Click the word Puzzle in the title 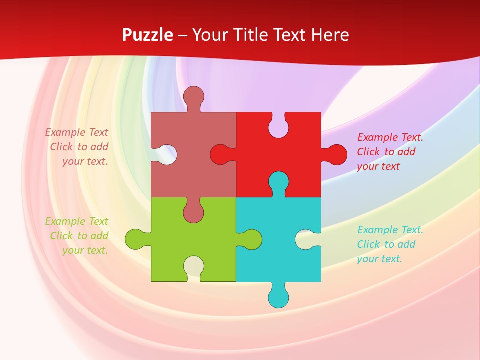(147, 35)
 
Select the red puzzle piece (295, 165)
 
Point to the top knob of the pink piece (193, 96)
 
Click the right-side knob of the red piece (337, 154)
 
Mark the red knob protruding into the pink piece (220, 154)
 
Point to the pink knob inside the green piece (193, 213)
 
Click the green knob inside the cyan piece (252, 239)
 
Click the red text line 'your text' (378, 166)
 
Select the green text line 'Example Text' (76, 221)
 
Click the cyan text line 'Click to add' (386, 244)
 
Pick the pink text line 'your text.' (85, 161)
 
